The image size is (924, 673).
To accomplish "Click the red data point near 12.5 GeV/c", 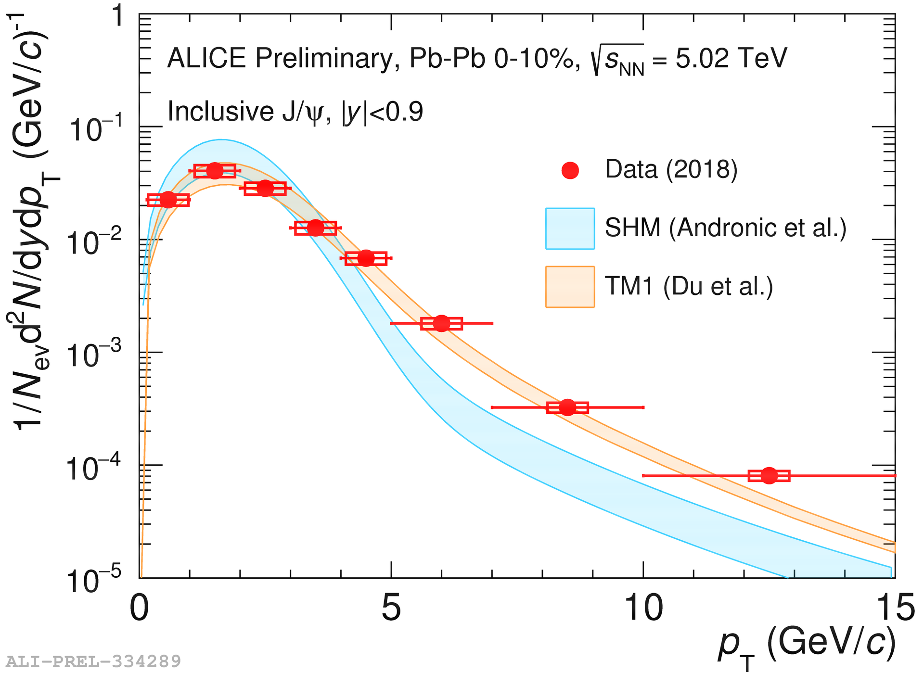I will pyautogui.click(x=769, y=476).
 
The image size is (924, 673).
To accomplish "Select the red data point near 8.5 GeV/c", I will pyautogui.click(x=568, y=407).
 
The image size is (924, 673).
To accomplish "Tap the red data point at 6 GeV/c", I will pyautogui.click(x=441, y=323).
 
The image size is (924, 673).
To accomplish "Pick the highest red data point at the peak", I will pyautogui.click(x=215, y=170).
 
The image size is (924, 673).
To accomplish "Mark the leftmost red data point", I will pyautogui.click(x=168, y=200).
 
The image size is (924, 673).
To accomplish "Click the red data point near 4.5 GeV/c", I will pyautogui.click(x=366, y=258).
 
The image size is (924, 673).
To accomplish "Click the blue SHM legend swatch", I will pyautogui.click(x=570, y=229).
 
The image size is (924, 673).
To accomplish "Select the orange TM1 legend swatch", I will pyautogui.click(x=570, y=287).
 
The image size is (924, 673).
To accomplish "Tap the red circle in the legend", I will pyautogui.click(x=570, y=170).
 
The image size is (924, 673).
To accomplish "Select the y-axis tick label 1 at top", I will pyautogui.click(x=117, y=17).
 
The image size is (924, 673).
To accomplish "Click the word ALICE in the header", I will pyautogui.click(x=206, y=59).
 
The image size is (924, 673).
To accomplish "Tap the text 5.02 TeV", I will pyautogui.click(x=731, y=59).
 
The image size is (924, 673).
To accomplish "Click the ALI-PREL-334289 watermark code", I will pyautogui.click(x=93, y=661).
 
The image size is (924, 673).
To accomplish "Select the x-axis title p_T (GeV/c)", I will pyautogui.click(x=807, y=645).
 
